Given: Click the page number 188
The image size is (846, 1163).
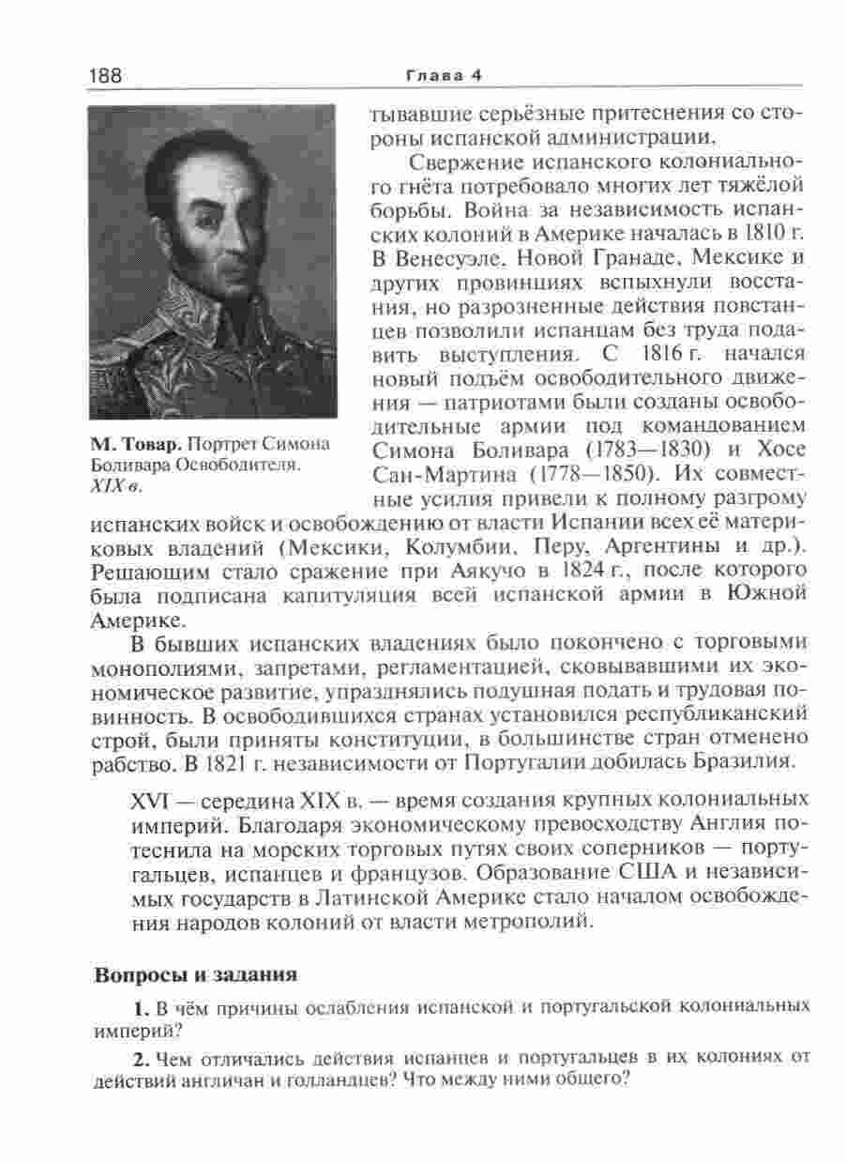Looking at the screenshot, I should coord(106,75).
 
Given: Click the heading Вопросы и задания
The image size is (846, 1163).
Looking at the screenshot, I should coord(196,975).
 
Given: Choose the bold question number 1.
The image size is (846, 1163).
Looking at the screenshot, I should coord(141,1010).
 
